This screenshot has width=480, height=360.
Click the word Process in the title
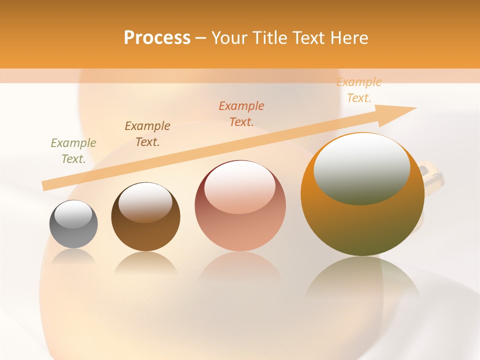(x=157, y=38)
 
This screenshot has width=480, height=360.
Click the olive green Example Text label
(x=73, y=151)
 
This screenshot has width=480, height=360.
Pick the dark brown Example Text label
(x=147, y=134)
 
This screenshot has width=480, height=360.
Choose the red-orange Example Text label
(x=241, y=114)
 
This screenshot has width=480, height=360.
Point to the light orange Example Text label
(x=359, y=90)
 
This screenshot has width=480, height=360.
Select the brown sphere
(x=145, y=230)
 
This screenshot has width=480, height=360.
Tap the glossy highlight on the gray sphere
(x=73, y=214)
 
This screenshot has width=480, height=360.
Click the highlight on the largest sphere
(x=362, y=169)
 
